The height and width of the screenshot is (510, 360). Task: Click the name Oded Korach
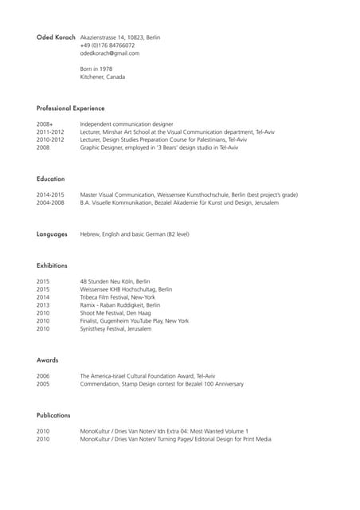click(x=56, y=37)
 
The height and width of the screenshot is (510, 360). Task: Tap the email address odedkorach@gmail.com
click(x=109, y=53)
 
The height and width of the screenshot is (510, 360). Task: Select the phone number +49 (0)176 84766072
click(x=108, y=45)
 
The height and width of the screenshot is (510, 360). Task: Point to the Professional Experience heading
click(x=70, y=108)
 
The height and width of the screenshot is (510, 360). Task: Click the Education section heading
click(x=50, y=178)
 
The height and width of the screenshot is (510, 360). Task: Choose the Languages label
click(x=52, y=234)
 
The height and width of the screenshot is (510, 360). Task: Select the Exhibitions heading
click(x=52, y=265)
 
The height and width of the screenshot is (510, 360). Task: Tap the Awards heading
click(x=48, y=360)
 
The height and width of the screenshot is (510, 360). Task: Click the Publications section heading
click(x=53, y=415)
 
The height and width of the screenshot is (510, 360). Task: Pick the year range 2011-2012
click(x=51, y=132)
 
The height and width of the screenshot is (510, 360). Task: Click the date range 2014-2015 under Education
click(x=51, y=194)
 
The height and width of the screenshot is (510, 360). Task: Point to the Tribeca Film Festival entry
click(x=117, y=297)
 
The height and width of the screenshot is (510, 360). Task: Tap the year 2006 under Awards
click(x=43, y=376)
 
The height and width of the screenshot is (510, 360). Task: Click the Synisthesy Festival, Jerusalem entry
click(x=115, y=328)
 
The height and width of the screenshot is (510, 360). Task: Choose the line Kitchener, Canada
click(x=102, y=77)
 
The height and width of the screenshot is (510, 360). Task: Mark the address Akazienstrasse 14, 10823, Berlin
click(x=119, y=37)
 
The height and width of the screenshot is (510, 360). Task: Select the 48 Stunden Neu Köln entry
click(x=115, y=281)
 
